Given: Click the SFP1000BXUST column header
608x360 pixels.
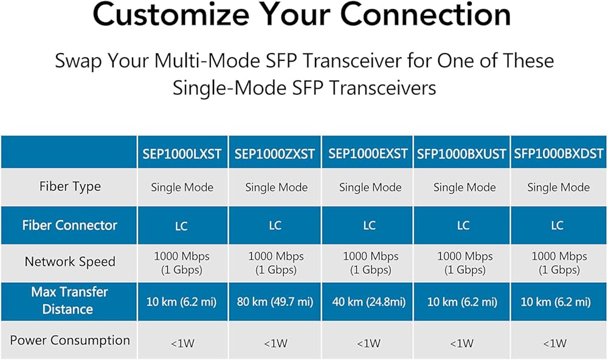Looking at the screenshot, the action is coord(461,154).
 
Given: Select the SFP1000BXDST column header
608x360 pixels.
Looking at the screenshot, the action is coord(559,154).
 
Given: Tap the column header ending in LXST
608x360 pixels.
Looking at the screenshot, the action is coord(182,154).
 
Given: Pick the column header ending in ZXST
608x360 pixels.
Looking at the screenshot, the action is coord(275,154).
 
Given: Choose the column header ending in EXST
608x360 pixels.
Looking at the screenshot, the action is coord(368,154).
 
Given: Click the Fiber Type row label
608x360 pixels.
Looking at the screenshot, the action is coord(70,187).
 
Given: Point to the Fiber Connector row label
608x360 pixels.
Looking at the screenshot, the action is coord(69,225).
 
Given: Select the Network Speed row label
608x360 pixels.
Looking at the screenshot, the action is coord(70,262).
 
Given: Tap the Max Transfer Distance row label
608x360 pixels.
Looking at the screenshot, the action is coord(69,300).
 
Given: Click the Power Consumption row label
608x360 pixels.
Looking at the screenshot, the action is coord(70,340).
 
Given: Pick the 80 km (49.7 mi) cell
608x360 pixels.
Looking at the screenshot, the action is coord(275,302).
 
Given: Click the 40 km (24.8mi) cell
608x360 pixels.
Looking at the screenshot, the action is coord(369,302).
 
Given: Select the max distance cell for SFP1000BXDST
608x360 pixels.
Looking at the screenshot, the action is coord(556,302).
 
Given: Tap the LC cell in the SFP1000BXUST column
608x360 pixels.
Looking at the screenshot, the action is coord(463,226).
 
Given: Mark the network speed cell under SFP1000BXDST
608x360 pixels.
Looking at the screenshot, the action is coord(559,263).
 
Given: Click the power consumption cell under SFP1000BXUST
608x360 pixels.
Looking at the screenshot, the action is coord(462,344).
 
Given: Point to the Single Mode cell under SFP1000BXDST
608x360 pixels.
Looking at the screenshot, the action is coord(558,187).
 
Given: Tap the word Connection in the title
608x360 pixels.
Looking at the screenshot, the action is coord(426,14).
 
